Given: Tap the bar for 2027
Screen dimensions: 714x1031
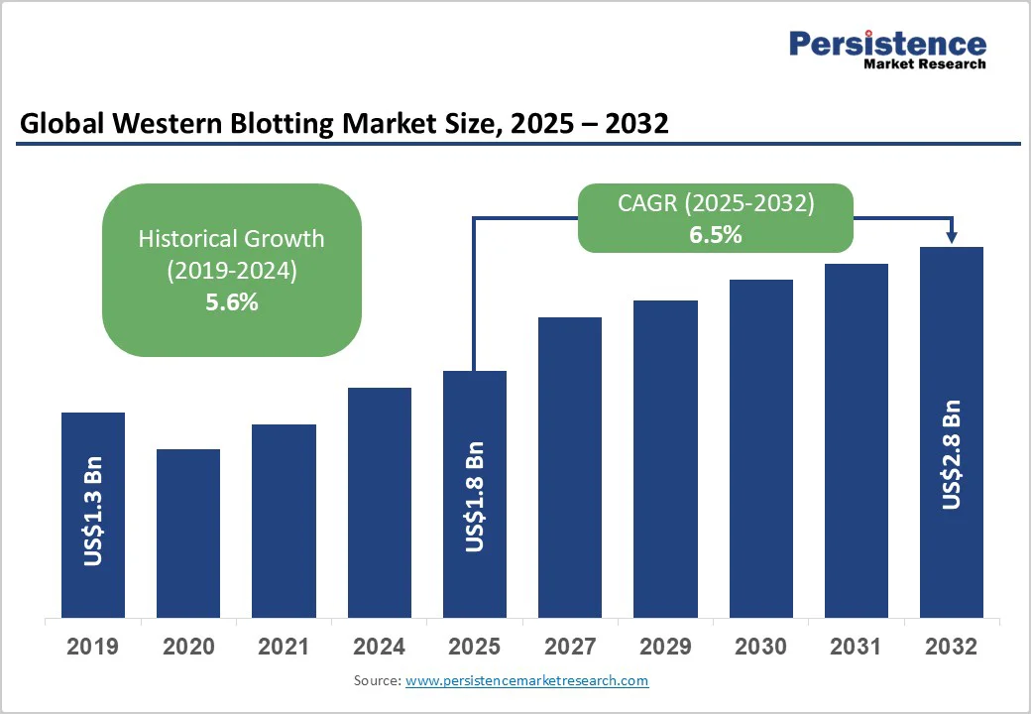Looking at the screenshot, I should (570, 467).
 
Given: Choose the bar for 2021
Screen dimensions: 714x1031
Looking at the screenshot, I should (284, 521).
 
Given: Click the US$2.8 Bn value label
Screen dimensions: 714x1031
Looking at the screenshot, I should (952, 454).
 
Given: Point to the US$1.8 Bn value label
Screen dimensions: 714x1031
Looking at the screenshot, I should (475, 496).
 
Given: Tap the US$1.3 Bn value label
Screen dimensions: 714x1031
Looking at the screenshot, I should (93, 512).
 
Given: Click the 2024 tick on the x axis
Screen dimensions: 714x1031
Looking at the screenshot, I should (379, 648).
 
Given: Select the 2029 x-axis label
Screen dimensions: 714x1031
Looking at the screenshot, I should (665, 648).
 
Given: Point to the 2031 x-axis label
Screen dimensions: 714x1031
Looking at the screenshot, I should (856, 648).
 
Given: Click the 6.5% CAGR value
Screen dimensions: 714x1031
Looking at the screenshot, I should (715, 236).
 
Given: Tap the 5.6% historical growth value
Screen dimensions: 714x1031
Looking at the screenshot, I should (231, 303).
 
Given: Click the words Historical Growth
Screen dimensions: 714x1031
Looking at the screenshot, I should (231, 239).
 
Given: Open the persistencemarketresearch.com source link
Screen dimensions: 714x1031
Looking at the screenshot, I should (526, 680).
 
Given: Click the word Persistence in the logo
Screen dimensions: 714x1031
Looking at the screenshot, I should (887, 44).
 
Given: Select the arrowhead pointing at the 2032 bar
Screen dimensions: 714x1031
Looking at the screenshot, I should (952, 236).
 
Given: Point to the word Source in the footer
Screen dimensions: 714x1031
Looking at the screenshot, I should (376, 680).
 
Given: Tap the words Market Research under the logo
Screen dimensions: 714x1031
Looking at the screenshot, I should (925, 64).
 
